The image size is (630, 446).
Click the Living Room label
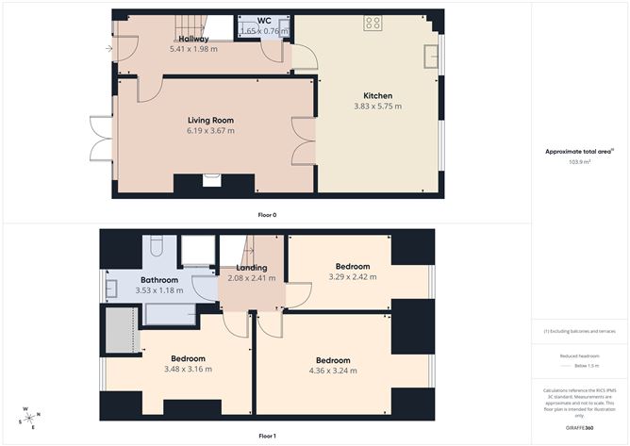210,120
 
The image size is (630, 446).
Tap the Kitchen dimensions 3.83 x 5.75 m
378,107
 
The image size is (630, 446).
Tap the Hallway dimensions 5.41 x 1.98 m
193,48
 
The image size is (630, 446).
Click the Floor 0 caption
267,215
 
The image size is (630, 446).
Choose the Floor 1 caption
267,437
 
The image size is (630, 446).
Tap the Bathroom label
159,280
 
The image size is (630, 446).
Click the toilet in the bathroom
157,248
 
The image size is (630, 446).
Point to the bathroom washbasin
110,288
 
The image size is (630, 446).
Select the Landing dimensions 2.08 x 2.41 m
251,278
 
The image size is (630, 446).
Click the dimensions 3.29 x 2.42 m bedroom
350,277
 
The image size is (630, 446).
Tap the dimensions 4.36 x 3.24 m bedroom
333,372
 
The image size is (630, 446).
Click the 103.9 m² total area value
579,162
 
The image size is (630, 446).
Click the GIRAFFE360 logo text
579,428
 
